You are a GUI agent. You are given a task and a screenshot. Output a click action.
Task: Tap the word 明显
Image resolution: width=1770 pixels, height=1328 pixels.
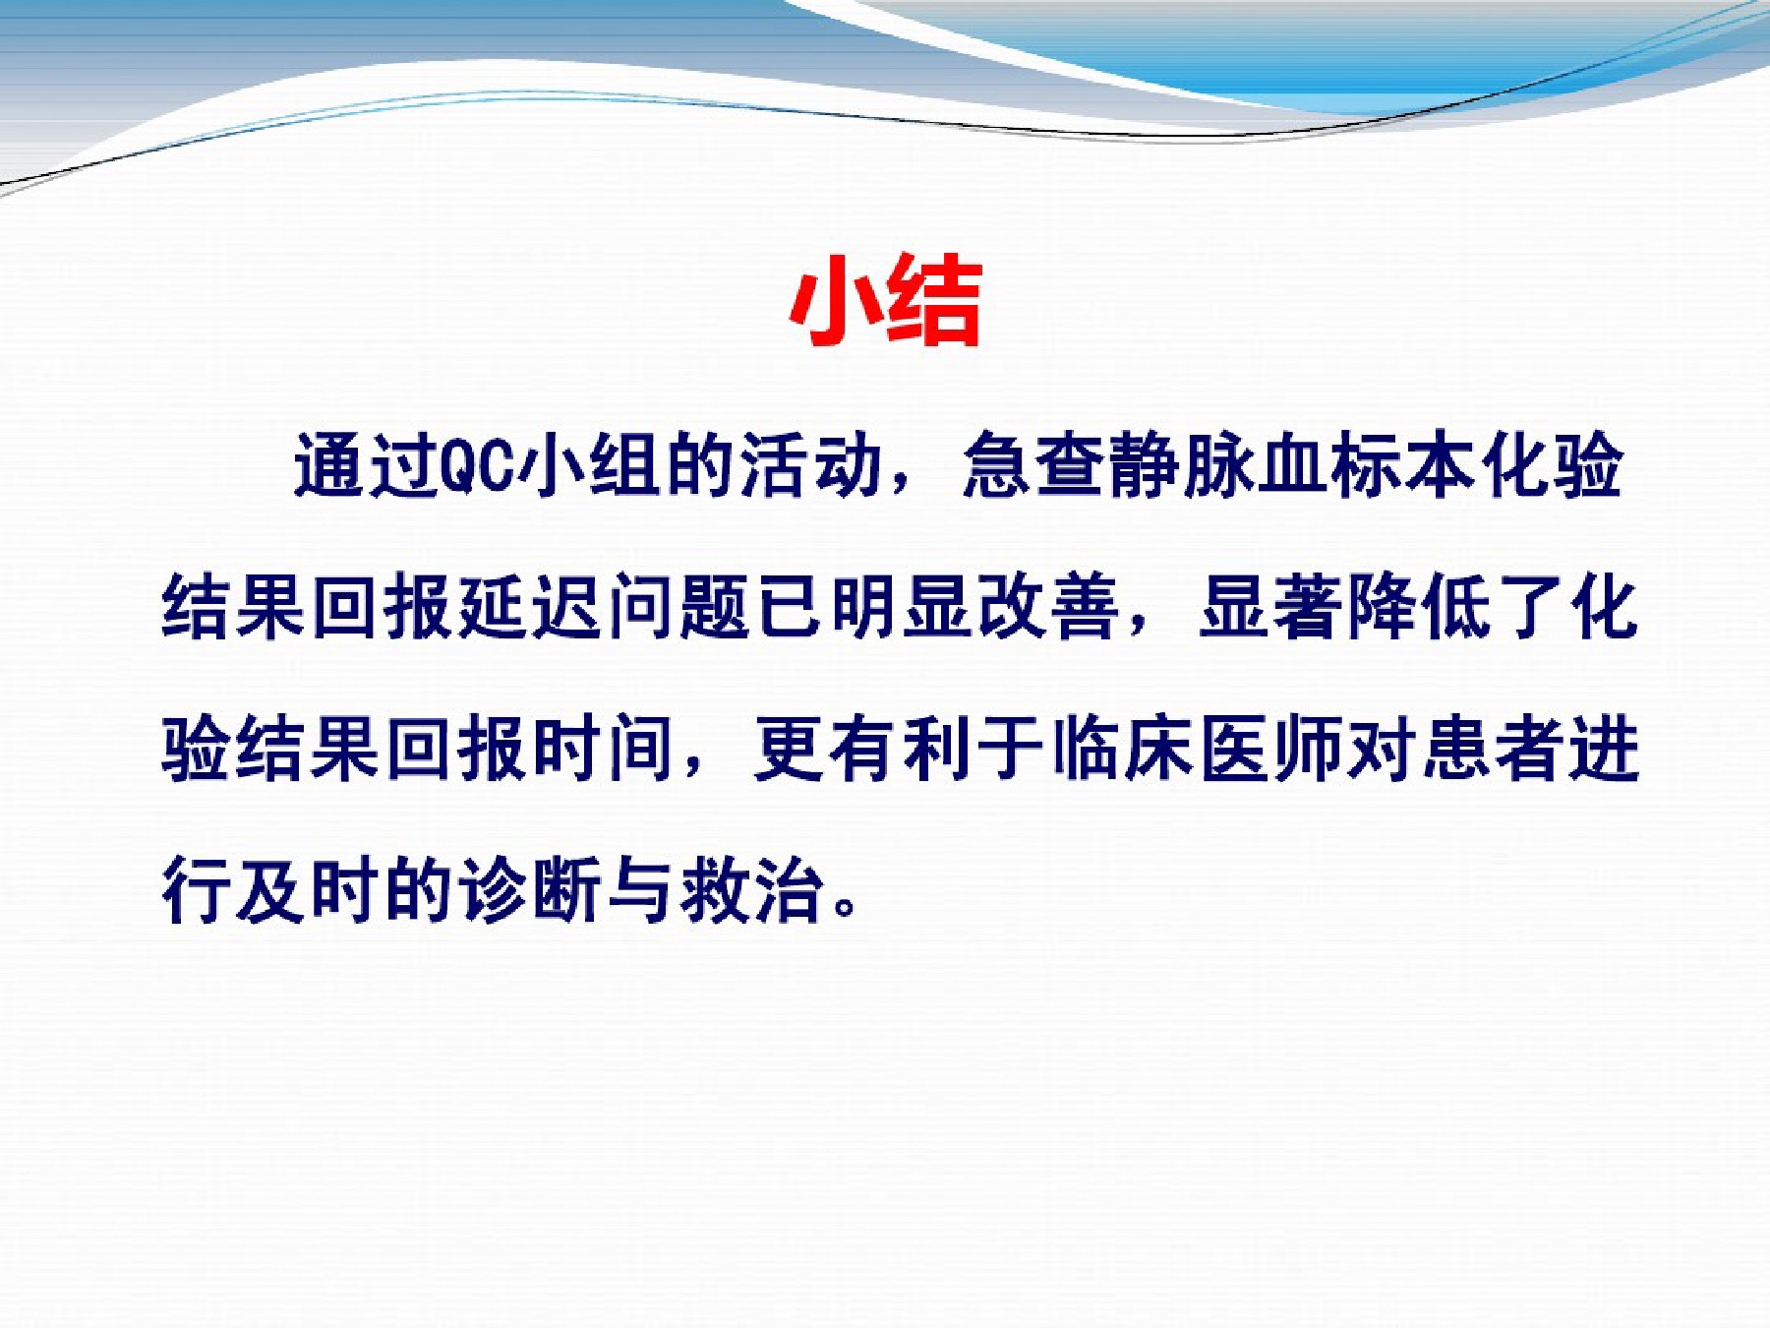pos(901,606)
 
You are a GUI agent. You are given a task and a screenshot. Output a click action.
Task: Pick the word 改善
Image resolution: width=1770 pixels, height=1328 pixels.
pos(1048,606)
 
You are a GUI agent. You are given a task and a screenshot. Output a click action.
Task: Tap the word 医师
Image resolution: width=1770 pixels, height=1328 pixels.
pos(1270,749)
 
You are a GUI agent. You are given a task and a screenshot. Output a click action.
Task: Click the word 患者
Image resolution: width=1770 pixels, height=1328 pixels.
pos(1494,749)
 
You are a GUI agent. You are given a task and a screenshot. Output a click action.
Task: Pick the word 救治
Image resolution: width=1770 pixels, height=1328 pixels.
pos(752,890)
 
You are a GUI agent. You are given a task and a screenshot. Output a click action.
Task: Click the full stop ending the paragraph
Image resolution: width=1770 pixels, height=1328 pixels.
pos(845,906)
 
